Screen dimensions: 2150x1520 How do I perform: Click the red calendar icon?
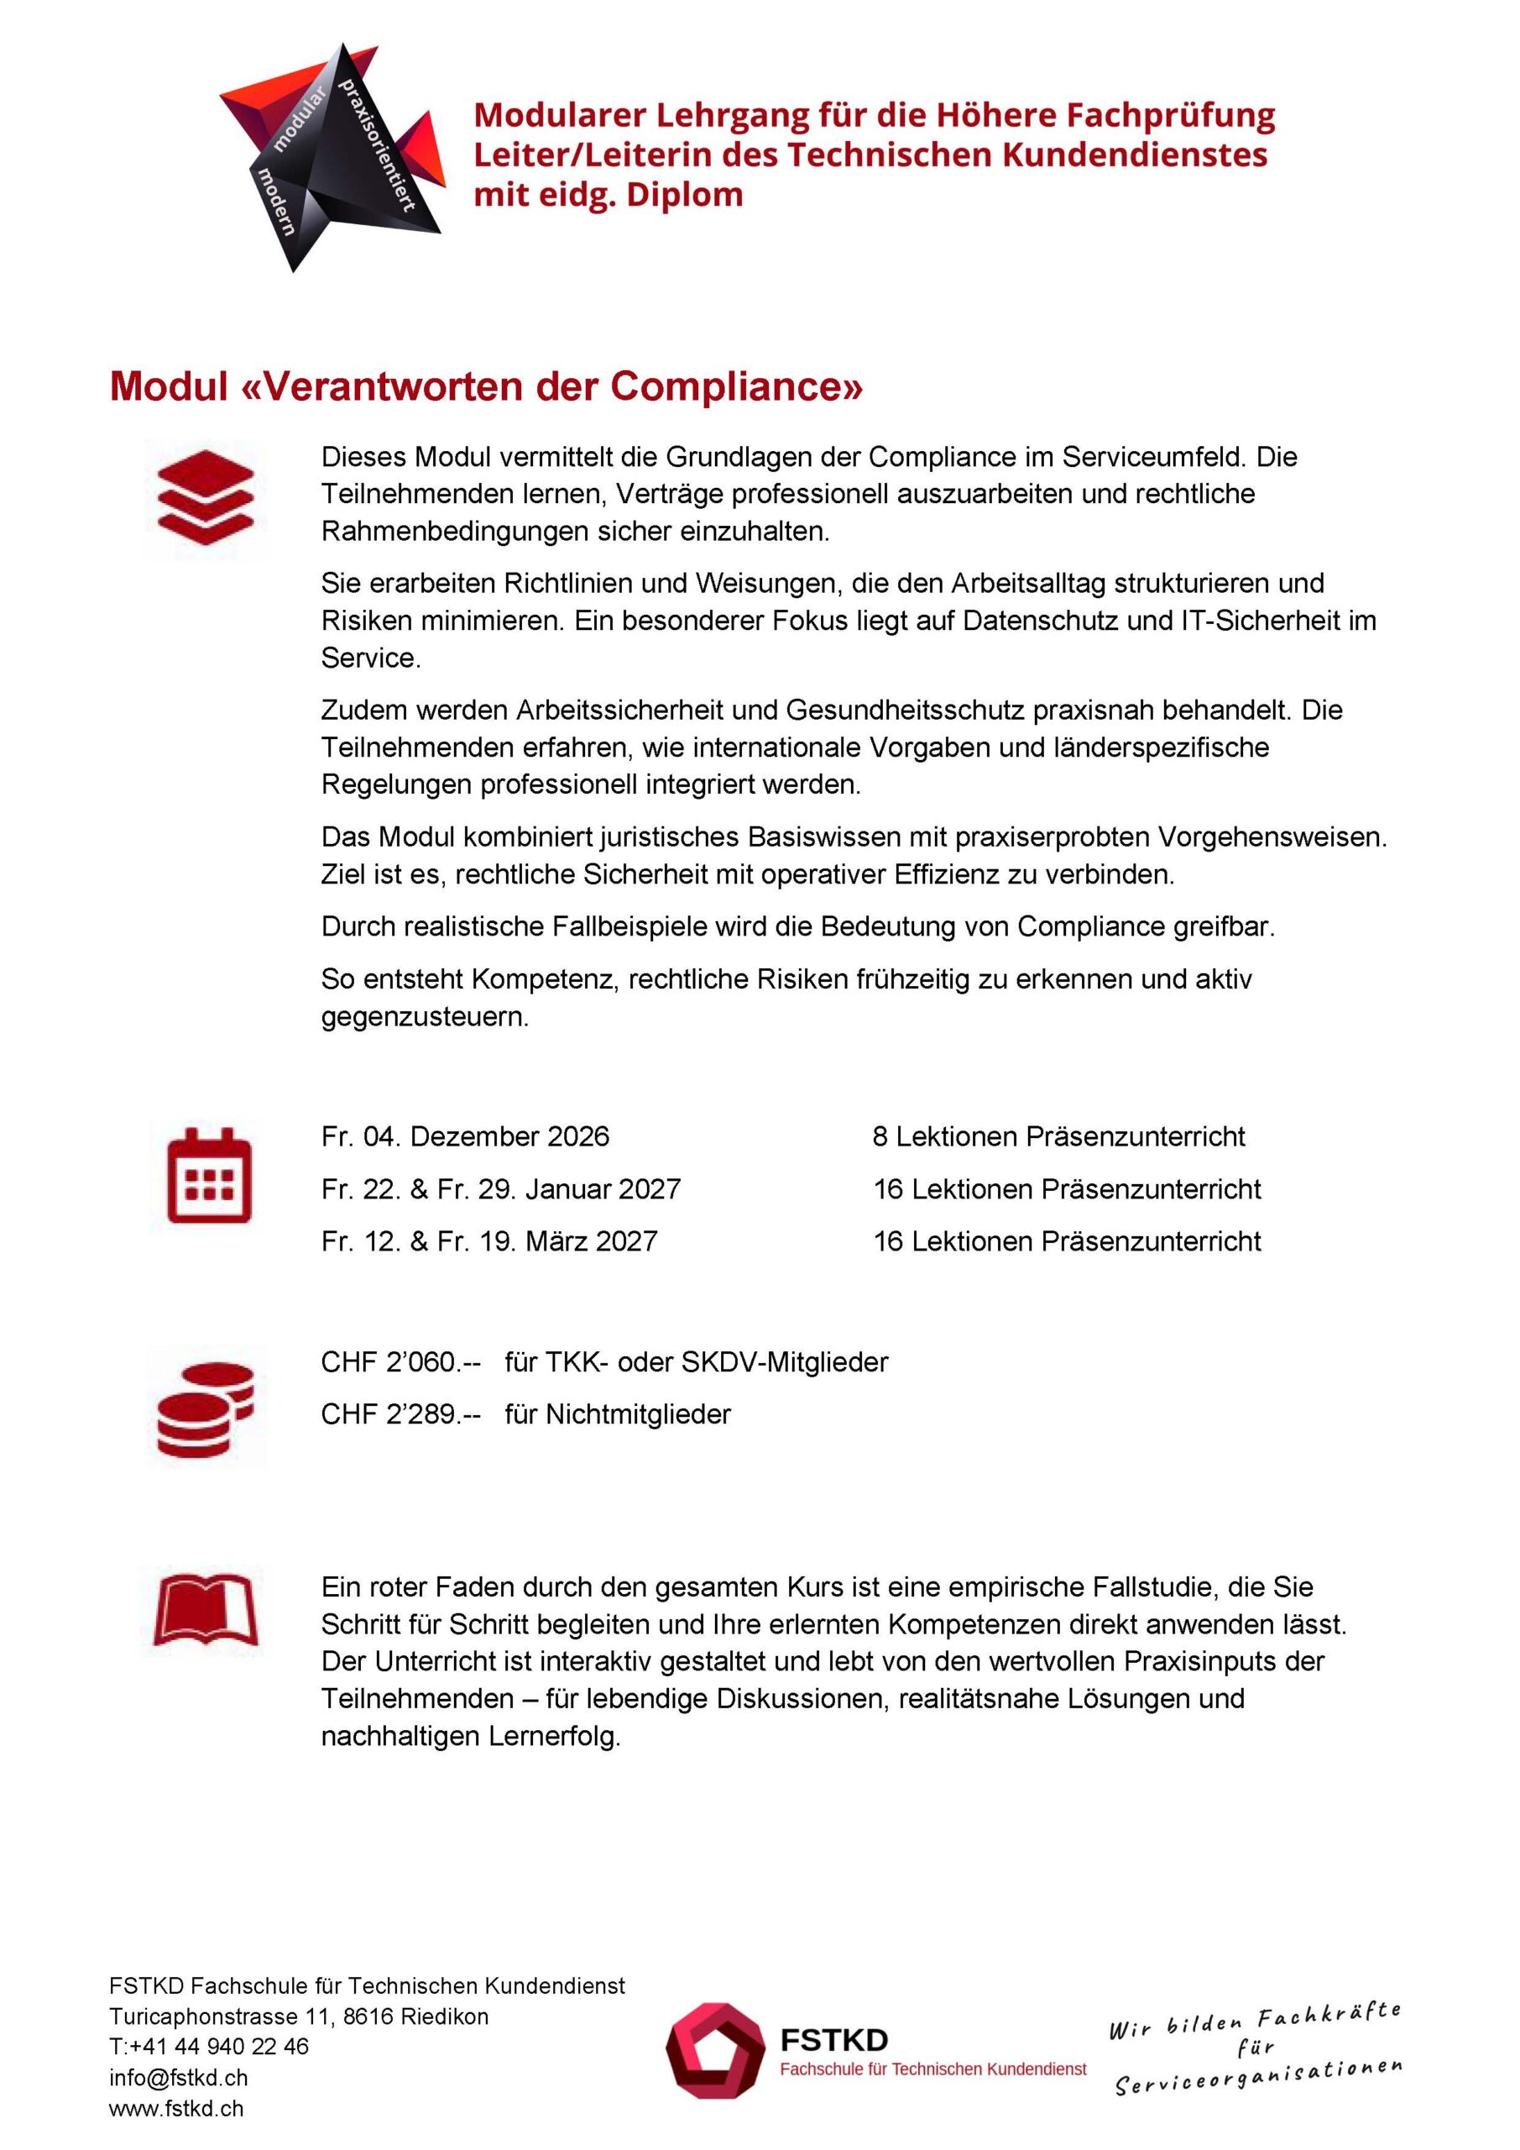pyautogui.click(x=209, y=1176)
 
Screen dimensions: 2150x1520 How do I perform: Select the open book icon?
pyautogui.click(x=206, y=1610)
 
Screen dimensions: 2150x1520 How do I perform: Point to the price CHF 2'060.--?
pyautogui.click(x=400, y=1361)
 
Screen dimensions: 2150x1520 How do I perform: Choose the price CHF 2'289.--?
pyautogui.click(x=400, y=1414)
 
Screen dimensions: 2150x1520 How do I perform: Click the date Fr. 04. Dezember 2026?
pyautogui.click(x=464, y=1137)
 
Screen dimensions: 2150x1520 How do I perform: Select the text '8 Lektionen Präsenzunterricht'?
pyautogui.click(x=1058, y=1137)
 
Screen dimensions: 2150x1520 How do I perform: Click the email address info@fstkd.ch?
pyautogui.click(x=178, y=2078)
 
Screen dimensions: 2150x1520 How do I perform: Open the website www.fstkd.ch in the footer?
pyautogui.click(x=176, y=2109)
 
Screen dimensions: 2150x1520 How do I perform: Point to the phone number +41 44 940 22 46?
pyautogui.click(x=220, y=2047)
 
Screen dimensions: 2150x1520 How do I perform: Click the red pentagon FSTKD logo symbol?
pyautogui.click(x=715, y=2051)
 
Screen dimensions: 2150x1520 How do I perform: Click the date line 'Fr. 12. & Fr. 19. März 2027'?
pyautogui.click(x=488, y=1241)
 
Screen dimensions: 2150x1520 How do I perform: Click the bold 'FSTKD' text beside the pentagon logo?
pyautogui.click(x=834, y=2041)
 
